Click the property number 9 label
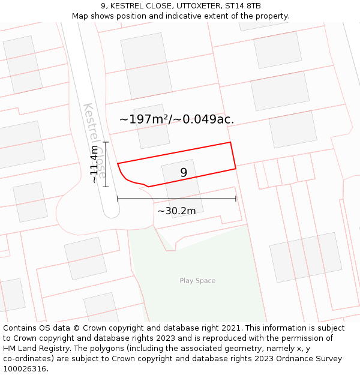(184, 173)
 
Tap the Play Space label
(197, 281)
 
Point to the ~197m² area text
(145, 119)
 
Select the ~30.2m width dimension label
(176, 211)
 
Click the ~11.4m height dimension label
(94, 164)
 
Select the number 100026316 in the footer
(23, 369)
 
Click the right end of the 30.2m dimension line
(236, 199)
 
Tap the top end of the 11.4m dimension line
(106, 142)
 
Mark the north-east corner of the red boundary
(230, 143)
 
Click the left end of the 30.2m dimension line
(118, 199)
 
